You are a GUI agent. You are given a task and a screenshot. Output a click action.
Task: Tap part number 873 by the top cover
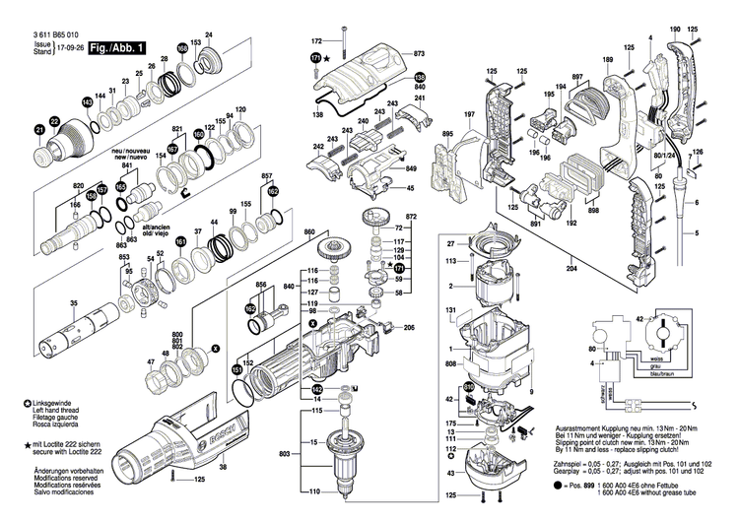(419, 52)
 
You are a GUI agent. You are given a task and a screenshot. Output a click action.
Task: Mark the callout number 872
(412, 216)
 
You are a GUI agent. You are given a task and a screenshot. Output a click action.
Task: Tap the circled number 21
(40, 129)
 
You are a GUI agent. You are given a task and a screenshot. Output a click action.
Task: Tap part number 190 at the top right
(675, 33)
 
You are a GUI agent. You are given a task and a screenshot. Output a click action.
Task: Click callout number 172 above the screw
(316, 41)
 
